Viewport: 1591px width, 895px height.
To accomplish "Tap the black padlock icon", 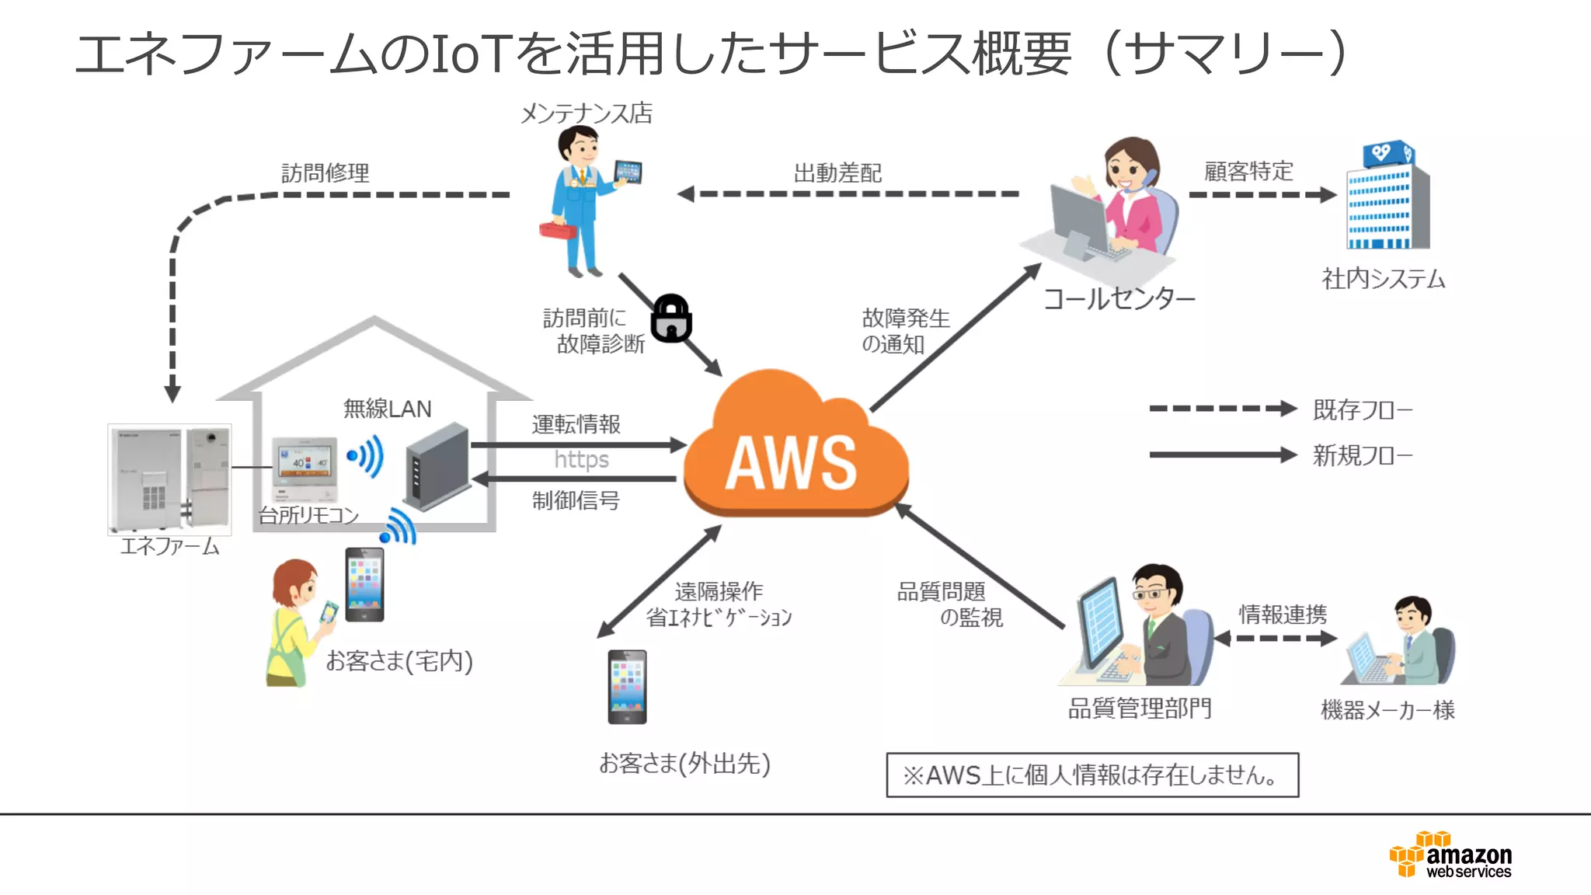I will click(671, 319).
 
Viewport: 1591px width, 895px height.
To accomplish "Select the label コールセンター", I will click(1119, 298).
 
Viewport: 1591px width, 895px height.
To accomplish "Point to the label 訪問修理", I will click(325, 172).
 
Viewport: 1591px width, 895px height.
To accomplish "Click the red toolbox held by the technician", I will click(557, 229).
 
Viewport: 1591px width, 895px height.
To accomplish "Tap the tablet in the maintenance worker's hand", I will click(628, 172).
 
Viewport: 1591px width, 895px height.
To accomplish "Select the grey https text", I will click(581, 460).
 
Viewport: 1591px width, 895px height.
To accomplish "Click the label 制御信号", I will click(576, 500).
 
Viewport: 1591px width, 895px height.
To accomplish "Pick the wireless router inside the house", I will click(437, 465).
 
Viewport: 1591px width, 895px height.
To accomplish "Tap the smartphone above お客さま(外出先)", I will click(627, 687).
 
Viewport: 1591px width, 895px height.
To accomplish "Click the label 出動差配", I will click(837, 172).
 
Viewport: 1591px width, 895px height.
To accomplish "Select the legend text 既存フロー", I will click(1362, 409).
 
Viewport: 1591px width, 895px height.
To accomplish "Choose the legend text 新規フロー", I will click(1362, 455).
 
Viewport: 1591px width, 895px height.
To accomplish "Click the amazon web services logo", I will click(1450, 855).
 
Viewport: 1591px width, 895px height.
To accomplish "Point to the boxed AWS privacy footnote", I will click(1091, 775).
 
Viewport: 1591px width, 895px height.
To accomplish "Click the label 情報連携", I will click(1283, 615).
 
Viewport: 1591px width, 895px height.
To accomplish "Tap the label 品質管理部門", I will click(1140, 709).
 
